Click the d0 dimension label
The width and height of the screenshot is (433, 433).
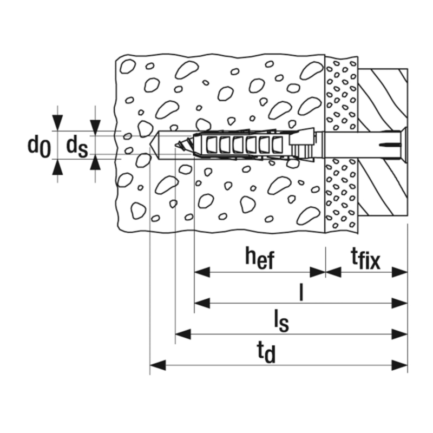[x=39, y=147]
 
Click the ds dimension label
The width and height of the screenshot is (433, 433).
[x=77, y=147]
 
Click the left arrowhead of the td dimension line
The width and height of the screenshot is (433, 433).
[x=158, y=365]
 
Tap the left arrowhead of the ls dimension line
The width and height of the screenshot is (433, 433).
[x=183, y=334]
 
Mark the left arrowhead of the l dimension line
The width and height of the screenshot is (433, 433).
[x=202, y=303]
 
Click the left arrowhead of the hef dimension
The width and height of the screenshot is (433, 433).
[x=202, y=272]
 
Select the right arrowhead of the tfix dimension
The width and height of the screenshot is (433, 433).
[x=399, y=272]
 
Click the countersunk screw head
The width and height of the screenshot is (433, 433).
[x=404, y=145]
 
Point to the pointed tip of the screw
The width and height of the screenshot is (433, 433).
[x=176, y=145]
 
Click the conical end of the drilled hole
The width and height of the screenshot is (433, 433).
[x=154, y=145]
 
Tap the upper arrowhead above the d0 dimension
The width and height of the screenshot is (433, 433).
[x=57, y=123]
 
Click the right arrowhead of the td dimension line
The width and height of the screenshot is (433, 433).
[x=399, y=365]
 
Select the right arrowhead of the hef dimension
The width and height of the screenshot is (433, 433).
[x=318, y=272]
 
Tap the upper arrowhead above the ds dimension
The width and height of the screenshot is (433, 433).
[x=95, y=128]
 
